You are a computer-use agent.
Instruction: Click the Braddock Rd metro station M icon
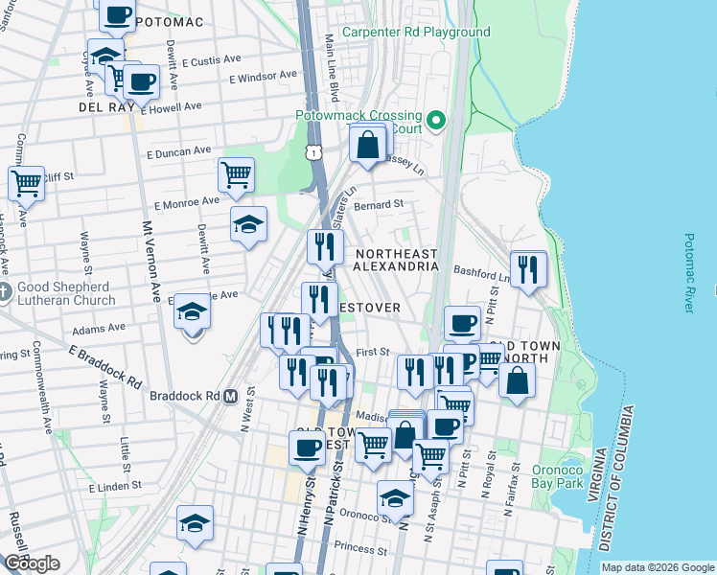point(230,396)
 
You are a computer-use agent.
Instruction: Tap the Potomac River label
point(688,272)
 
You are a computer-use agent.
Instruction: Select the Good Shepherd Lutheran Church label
point(63,293)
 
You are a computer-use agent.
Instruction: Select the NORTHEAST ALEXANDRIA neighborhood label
point(396,261)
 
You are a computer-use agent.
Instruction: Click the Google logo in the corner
point(31,563)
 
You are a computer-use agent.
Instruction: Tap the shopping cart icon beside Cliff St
point(26,181)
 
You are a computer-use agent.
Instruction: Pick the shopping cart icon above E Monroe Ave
point(236,174)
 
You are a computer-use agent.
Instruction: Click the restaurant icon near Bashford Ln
point(528,269)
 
